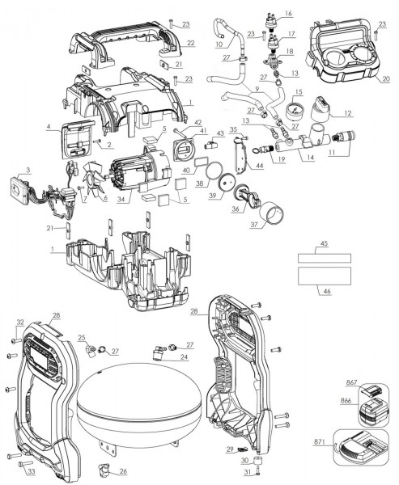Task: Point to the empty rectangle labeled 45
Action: click(324, 257)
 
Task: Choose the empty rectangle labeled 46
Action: click(324, 276)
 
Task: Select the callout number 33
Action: click(31, 471)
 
